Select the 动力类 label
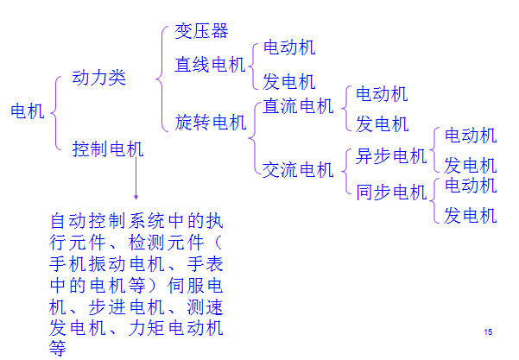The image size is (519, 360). click(99, 79)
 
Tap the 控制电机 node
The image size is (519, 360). click(108, 149)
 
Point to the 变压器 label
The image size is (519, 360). click(201, 31)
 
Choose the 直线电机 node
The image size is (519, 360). click(211, 65)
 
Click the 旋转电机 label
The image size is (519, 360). click(211, 122)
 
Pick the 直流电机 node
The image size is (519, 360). click(298, 106)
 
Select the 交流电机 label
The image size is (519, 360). click(298, 170)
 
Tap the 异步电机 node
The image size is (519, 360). click(391, 156)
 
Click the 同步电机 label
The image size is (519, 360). click(391, 192)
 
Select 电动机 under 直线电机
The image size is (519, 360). click(289, 48)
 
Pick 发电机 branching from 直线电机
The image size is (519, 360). click(289, 83)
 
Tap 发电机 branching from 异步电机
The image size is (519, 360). click(471, 165)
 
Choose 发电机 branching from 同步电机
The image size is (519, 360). click(471, 215)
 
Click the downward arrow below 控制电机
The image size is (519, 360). click(136, 181)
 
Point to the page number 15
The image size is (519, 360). click(488, 332)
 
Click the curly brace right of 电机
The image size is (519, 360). click(56, 112)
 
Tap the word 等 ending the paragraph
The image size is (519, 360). click(58, 348)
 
